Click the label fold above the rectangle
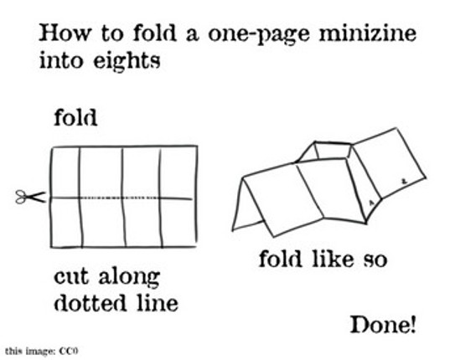tap(75, 118)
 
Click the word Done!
tap(382, 325)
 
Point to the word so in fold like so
tap(374, 260)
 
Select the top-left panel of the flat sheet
tap(65, 172)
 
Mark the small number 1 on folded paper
tap(371, 203)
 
